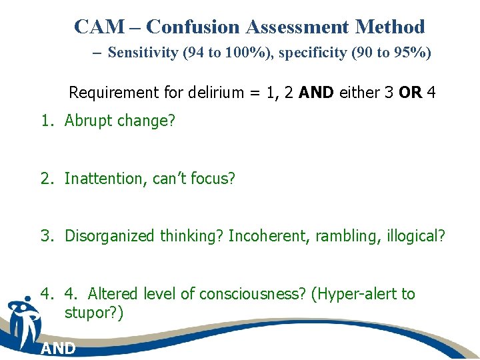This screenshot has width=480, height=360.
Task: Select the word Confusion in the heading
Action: click(193, 27)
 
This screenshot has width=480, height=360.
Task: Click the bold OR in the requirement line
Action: click(410, 92)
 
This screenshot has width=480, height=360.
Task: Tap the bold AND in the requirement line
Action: click(317, 92)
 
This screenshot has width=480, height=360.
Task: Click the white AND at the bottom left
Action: click(58, 349)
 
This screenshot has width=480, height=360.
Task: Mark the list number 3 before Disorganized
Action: click(46, 236)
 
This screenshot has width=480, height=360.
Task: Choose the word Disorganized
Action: click(110, 236)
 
